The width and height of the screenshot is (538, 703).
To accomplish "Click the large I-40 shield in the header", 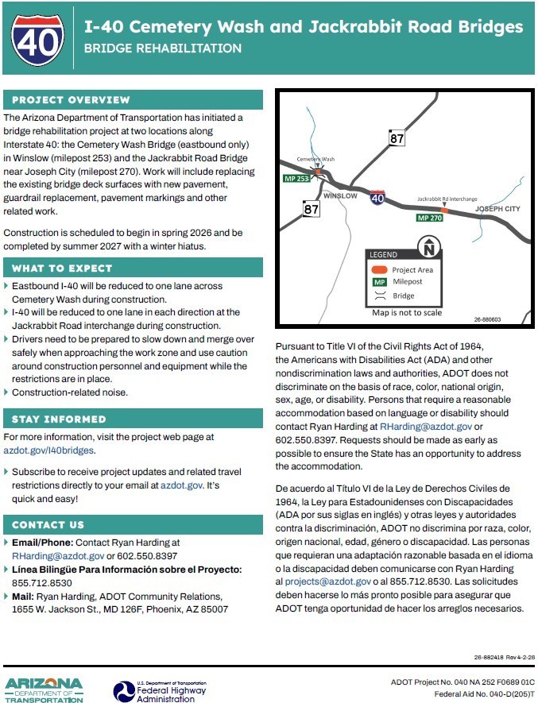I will [38, 38].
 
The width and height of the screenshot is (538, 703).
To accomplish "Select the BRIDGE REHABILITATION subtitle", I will [162, 48].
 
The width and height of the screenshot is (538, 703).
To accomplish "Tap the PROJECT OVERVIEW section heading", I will [71, 100].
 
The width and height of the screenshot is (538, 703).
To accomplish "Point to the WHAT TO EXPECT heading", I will [62, 268].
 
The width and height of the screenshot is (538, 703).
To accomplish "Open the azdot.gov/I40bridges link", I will [48, 450].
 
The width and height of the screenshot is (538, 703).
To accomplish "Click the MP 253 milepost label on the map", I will [296, 179].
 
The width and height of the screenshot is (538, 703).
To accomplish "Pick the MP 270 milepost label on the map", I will [430, 218].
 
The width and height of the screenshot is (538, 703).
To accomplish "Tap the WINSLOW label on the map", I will [341, 195].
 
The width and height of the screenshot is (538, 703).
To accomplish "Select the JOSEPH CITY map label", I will [497, 209].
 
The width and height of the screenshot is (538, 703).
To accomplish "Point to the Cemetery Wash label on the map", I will [315, 160].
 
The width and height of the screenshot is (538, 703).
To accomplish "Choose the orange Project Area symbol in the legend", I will [380, 270].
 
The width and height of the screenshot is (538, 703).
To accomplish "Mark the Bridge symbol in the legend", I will [380, 295].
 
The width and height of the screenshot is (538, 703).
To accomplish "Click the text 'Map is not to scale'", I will [407, 313].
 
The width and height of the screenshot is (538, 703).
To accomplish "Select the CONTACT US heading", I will [48, 525].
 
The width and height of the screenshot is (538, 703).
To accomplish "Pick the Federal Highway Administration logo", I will [159, 688].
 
